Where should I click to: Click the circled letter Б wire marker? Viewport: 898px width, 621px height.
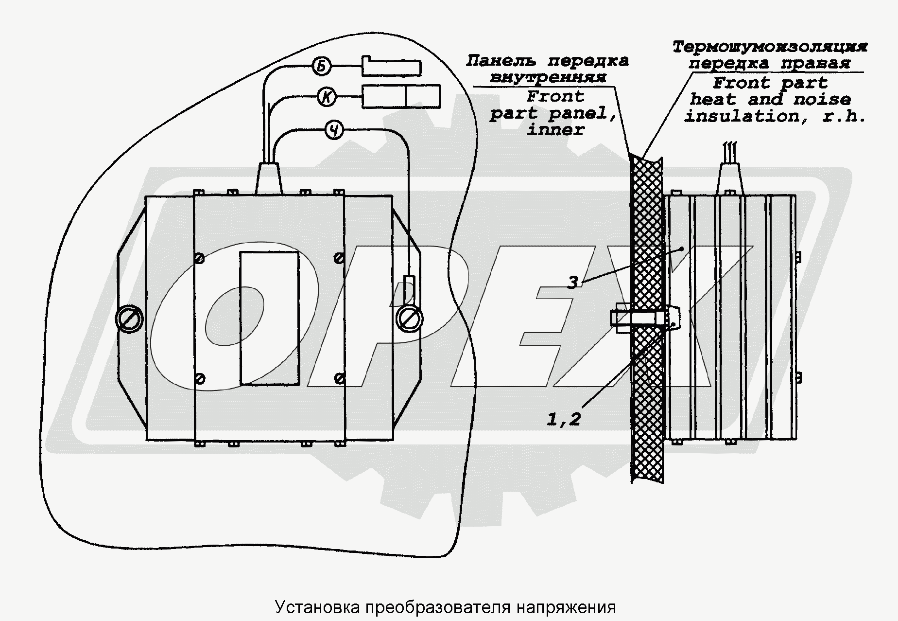[321, 66]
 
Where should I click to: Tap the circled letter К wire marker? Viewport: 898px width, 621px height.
[327, 97]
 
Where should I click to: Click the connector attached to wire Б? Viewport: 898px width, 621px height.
[391, 67]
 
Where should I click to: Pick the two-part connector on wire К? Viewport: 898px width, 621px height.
[401, 96]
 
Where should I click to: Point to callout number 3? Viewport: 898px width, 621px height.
[573, 282]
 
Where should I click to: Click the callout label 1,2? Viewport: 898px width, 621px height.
[564, 419]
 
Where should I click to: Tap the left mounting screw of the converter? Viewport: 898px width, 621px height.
[130, 319]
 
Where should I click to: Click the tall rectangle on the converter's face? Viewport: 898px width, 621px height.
[270, 319]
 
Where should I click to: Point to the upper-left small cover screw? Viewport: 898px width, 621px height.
[199, 258]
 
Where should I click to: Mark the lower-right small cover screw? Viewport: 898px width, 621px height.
[341, 378]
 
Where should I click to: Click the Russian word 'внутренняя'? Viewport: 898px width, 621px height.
[548, 78]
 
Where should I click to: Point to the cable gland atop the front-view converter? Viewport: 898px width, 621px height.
[268, 179]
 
